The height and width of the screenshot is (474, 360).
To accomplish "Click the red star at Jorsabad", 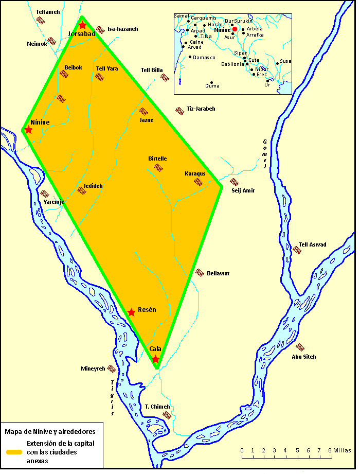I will [x=82, y=25].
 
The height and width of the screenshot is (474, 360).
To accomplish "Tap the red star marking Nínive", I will [x=28, y=130].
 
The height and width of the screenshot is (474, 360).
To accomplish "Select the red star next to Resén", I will [x=132, y=312].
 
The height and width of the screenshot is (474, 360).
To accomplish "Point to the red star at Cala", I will [x=155, y=359].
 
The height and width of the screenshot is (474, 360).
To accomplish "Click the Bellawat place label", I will [x=218, y=273].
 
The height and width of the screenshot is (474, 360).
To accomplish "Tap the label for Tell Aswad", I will [x=313, y=244].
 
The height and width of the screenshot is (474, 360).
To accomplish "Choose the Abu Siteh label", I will [x=304, y=357].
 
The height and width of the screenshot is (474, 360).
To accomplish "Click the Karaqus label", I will [x=195, y=173].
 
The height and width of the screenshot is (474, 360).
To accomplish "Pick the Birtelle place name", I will [x=157, y=159].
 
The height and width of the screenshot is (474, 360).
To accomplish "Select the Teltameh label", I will [x=48, y=11].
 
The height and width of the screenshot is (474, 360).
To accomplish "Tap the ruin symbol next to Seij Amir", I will [x=234, y=182].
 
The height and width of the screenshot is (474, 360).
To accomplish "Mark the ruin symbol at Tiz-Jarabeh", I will [x=179, y=110].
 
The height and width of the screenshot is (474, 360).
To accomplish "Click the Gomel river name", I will [x=265, y=154].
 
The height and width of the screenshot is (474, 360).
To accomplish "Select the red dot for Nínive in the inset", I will [x=235, y=29].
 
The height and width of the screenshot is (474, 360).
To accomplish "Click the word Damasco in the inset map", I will [x=205, y=57].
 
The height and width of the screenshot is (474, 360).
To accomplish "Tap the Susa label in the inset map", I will [x=285, y=61].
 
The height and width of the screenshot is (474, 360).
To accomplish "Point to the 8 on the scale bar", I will [x=329, y=450].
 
